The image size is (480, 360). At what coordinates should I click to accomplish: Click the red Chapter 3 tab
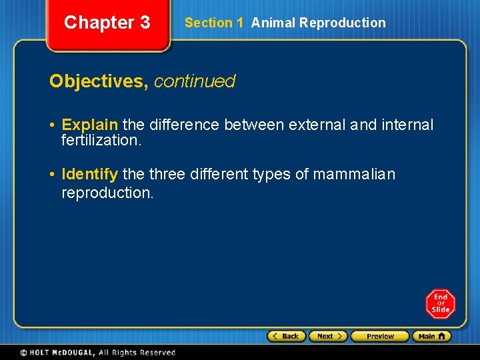pos(107,23)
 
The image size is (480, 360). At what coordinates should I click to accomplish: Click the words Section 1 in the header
pos(213,23)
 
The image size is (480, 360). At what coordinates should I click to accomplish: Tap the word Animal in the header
pos(273,23)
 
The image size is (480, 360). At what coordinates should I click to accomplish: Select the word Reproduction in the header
pos(342,23)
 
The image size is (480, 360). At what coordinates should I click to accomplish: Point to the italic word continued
pos(195,81)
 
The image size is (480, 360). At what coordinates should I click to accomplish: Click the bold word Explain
pos(89,125)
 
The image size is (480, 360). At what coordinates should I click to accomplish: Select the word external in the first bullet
pos(313,125)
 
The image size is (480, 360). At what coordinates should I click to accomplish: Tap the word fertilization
pos(101,141)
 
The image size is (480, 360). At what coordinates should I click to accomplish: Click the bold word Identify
pos(89,175)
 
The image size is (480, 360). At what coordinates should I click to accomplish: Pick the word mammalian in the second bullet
pos(354,175)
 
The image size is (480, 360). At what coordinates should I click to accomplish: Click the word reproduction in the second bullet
pos(107,193)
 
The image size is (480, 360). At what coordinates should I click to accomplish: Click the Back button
pos(287,337)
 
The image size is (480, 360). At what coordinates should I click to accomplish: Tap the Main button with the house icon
pos(431,337)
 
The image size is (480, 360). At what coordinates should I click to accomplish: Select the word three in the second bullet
pos(167,175)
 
